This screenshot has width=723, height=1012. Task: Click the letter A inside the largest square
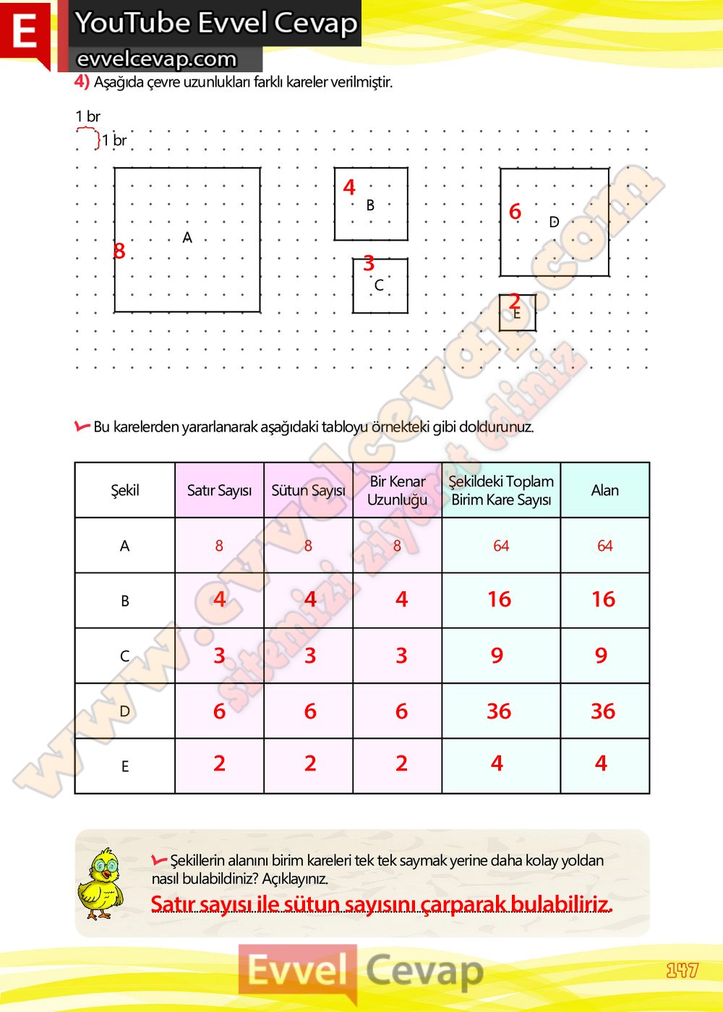coord(187,237)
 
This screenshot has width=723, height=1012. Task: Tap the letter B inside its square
coord(370,205)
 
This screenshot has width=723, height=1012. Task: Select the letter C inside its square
coord(379,286)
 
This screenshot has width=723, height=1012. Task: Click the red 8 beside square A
coord(119,251)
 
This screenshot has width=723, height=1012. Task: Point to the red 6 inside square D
coord(515,212)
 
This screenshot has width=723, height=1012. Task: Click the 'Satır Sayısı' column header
coord(219,490)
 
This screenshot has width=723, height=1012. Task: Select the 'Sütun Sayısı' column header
coord(308,490)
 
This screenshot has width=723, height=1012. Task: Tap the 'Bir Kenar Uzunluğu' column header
coord(397,490)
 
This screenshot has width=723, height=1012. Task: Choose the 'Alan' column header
coord(604,490)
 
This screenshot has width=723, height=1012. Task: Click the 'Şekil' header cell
coord(124,490)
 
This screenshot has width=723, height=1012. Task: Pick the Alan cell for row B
coord(603,599)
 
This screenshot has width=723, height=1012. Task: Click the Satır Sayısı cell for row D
coord(219,711)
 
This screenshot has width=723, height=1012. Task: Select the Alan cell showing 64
coord(604,546)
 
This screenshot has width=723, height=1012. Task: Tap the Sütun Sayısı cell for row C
coord(309,656)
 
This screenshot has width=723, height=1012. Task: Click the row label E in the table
coord(125,766)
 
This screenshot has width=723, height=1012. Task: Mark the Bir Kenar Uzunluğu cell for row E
coord(401,763)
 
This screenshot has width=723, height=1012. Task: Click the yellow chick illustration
coord(100,884)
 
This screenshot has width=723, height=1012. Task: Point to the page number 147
coord(682,970)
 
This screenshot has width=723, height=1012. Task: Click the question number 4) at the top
coord(82,81)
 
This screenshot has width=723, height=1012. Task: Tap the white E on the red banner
coord(25,32)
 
